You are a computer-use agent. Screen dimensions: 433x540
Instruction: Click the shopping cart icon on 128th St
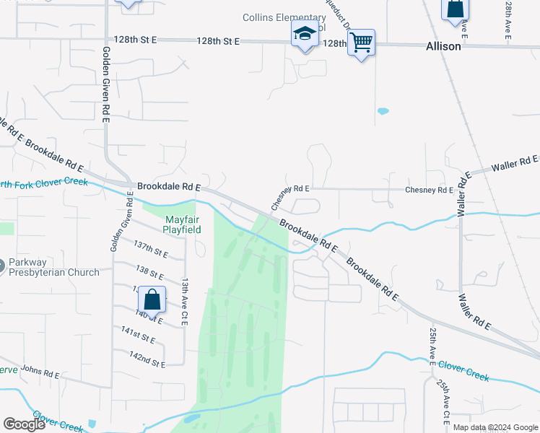coord(360,43)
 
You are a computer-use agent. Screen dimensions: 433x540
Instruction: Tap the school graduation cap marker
coord(304,35)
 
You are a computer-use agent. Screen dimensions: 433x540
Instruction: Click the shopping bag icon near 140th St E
coord(152,299)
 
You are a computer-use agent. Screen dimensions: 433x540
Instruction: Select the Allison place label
coord(443,45)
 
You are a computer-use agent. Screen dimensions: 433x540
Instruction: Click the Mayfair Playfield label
coord(181,224)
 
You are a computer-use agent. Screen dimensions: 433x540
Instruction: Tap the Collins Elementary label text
coord(284,18)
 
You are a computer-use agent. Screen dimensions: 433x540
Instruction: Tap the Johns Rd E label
coord(40,372)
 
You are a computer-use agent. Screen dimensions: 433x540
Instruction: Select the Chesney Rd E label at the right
coord(429,191)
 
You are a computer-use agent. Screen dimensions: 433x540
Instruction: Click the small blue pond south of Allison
coord(383,111)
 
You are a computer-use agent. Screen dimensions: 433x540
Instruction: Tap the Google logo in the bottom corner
coord(24,424)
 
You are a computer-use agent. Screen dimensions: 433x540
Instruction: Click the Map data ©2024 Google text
coord(495,427)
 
